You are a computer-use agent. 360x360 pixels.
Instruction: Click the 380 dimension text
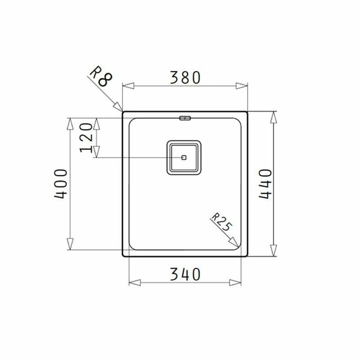click(185, 77)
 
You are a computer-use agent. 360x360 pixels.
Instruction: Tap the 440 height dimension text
click(265, 184)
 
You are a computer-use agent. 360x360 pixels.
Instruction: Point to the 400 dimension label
click(61, 184)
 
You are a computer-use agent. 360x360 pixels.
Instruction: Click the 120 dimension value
click(86, 138)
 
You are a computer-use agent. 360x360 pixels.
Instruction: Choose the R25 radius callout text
click(221, 222)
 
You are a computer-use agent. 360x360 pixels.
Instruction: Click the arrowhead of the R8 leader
click(118, 107)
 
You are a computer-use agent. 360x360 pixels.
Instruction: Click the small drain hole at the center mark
click(184, 158)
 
